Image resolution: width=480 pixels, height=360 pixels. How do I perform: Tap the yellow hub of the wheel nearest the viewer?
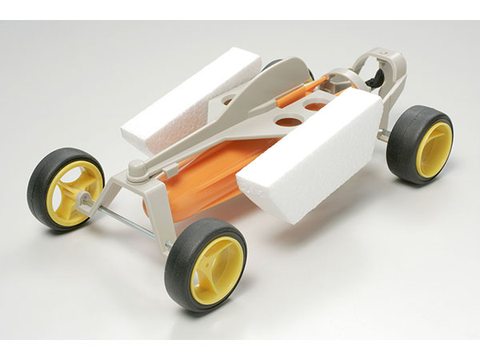217,269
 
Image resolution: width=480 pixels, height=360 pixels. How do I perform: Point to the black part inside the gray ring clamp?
374,73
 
